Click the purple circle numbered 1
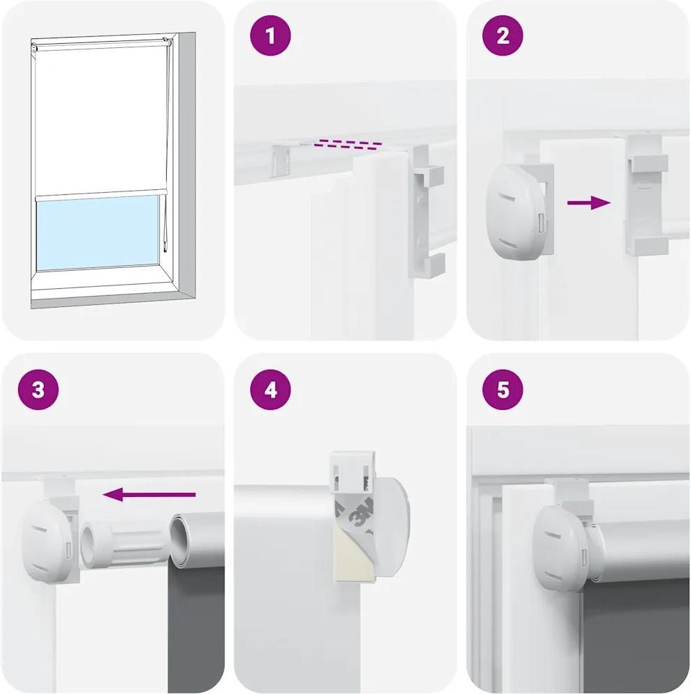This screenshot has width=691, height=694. point(270,36)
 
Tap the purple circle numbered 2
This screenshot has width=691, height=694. point(503,36)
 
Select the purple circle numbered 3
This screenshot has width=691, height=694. point(38,390)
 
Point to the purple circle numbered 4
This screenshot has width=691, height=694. point(270,390)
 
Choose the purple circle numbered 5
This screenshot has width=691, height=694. point(503,390)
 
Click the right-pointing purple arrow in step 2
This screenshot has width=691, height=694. point(589,203)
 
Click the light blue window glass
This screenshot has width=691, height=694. point(97,232)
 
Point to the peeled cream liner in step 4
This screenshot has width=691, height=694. point(352,560)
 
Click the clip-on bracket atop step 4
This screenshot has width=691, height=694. point(353,471)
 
